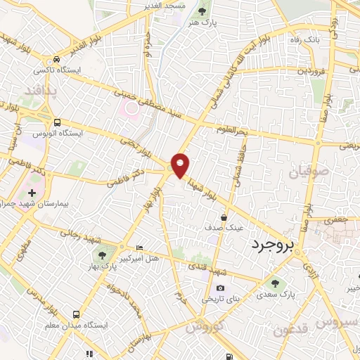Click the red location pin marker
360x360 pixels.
pos(181,165)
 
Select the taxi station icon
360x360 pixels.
pos(56,60)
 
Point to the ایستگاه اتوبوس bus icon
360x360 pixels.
pos(56,122)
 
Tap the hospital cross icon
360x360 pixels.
pos(32,192)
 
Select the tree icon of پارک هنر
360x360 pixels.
pos(204,11)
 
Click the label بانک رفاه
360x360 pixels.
pos(306,39)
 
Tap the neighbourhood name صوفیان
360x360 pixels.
pos(305,170)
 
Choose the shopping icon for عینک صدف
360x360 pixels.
pos(223,217)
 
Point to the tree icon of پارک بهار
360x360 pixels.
pos(103,255)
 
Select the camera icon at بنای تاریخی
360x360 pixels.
pos(221,288)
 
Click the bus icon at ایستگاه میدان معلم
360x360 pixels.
pos(76,314)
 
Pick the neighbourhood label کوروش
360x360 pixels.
pos(205,327)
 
